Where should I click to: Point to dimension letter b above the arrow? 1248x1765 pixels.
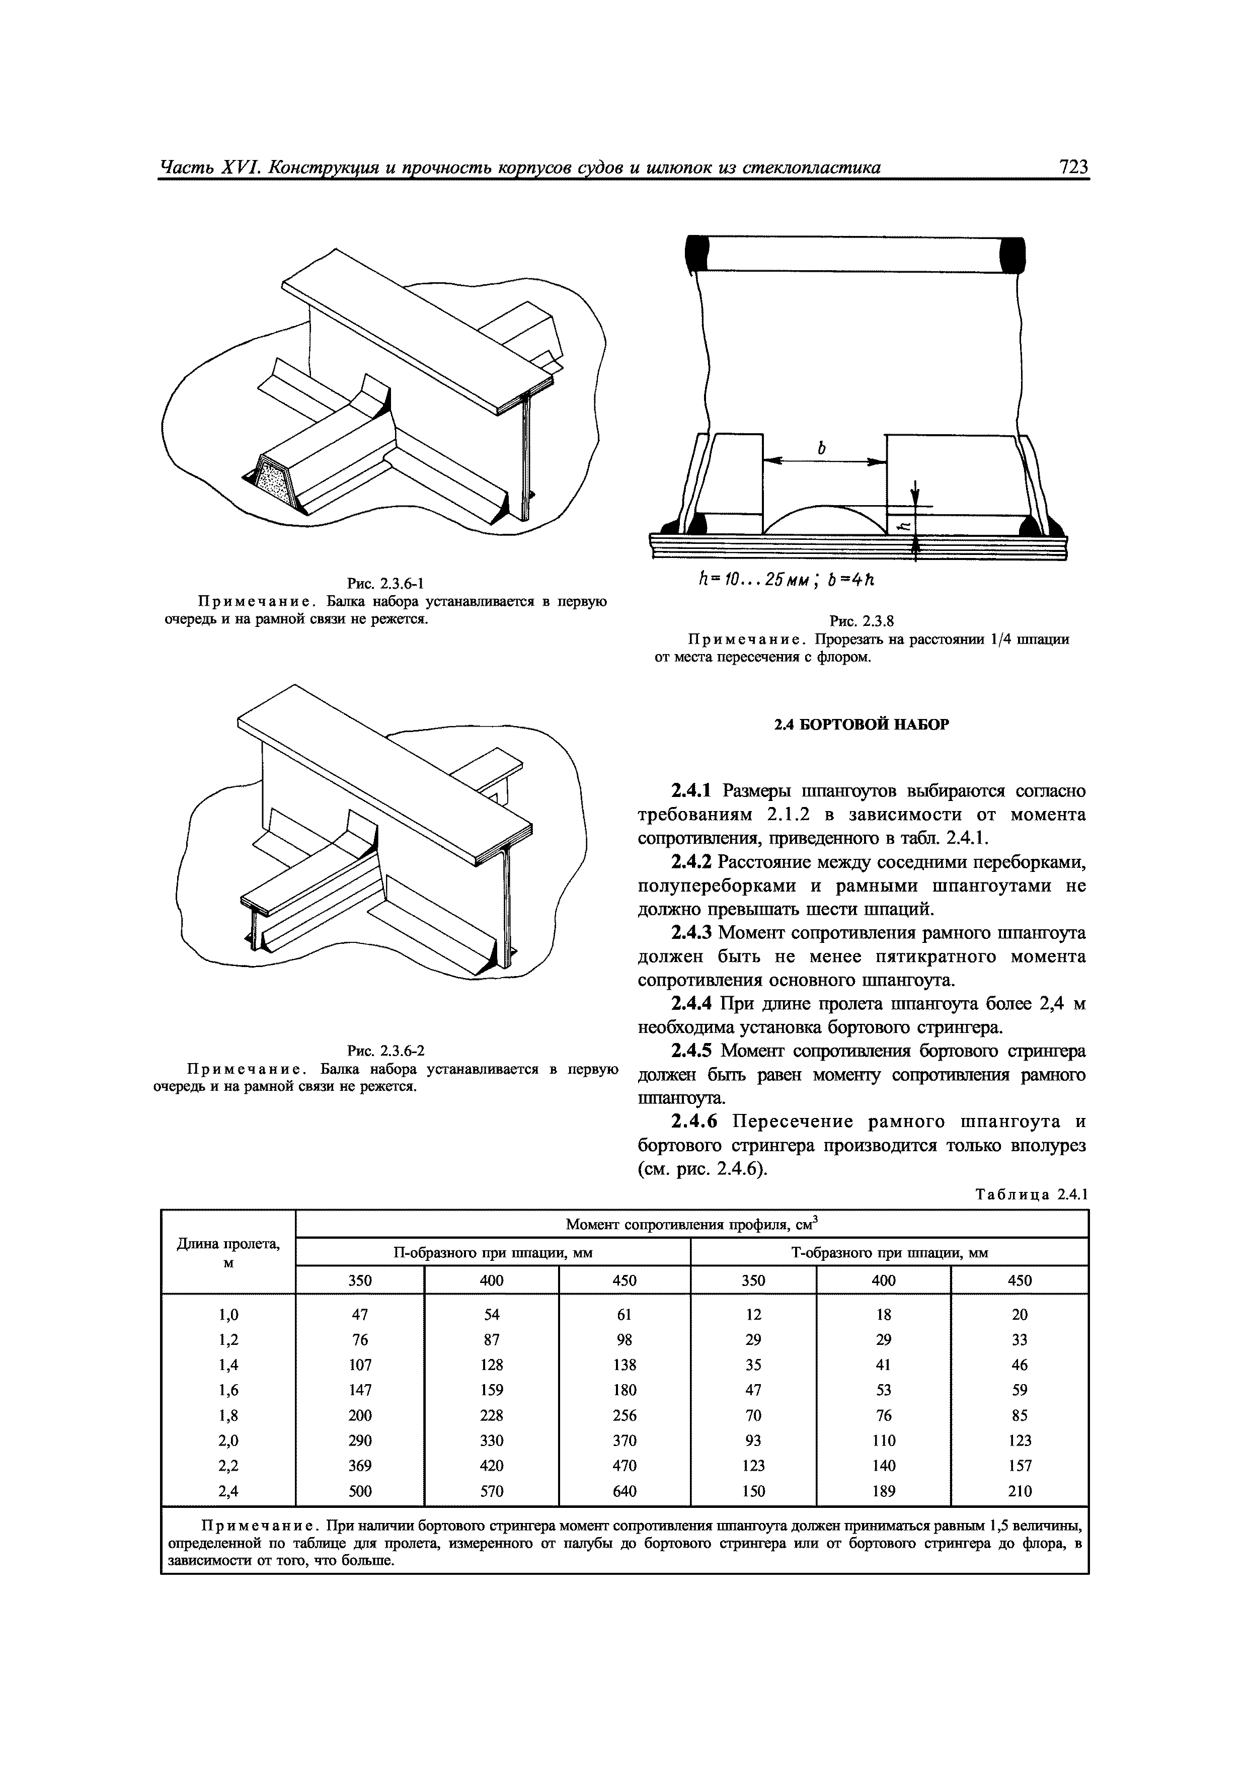point(821,447)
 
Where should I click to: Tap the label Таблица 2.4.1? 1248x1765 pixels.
point(1031,1194)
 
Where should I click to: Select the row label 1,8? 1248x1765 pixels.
point(228,1415)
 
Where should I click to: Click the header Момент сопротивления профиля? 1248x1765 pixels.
point(691,1224)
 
